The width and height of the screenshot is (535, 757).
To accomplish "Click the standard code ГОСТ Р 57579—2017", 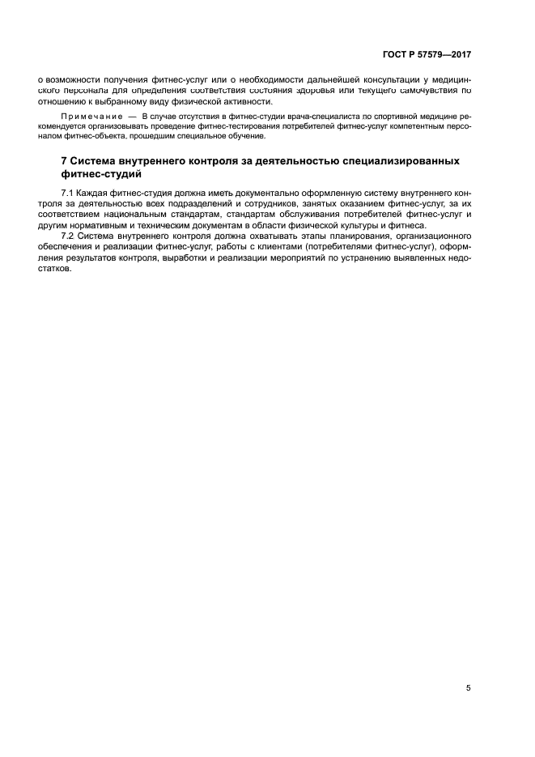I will pyautogui.click(x=427, y=54).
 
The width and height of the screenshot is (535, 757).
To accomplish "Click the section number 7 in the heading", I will pyautogui.click(x=65, y=161).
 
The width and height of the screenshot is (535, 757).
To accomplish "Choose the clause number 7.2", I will pyautogui.click(x=69, y=236).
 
